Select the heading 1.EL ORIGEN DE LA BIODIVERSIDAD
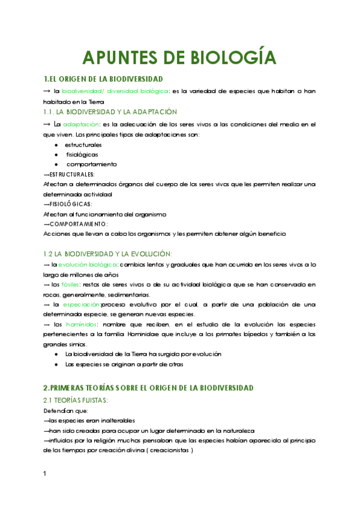tap(104, 79)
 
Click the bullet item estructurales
tap(83, 145)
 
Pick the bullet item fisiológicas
tap(82, 154)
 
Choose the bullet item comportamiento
tap(91, 164)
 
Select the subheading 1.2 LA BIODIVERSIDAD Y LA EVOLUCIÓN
tap(108, 254)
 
